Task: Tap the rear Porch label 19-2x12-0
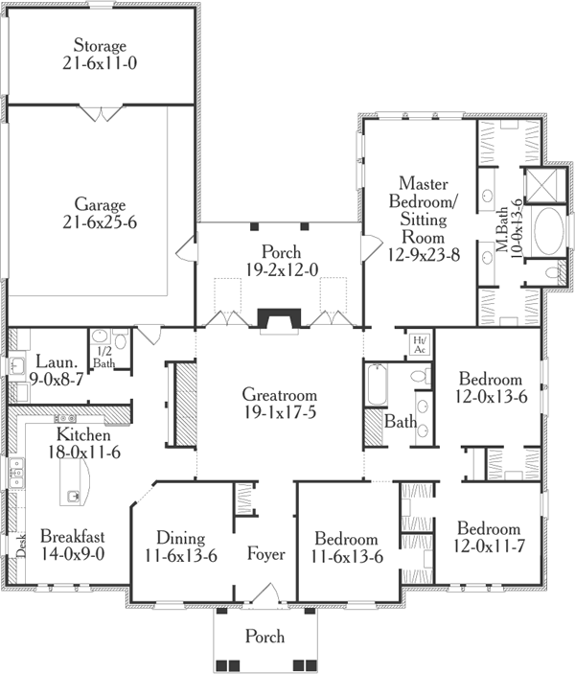coord(279,270)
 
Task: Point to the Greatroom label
coord(279,394)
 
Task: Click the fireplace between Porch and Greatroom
coord(279,319)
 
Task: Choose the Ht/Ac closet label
coord(419,344)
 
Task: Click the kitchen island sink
coord(74,496)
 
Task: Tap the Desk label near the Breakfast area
coord(21,545)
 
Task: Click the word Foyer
coord(265,553)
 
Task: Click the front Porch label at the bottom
coord(264,636)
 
